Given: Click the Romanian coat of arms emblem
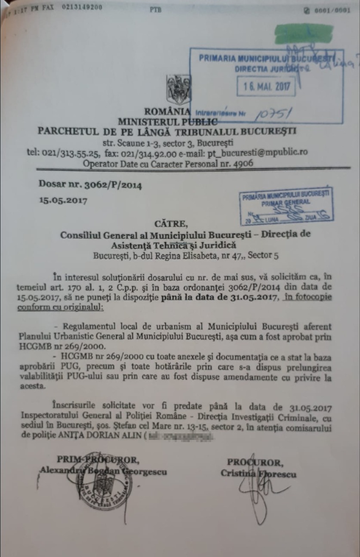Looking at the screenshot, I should [x=178, y=90].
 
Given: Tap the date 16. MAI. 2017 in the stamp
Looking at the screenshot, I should [x=265, y=86].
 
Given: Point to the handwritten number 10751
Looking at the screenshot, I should [x=274, y=114].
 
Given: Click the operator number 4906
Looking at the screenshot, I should [x=242, y=163].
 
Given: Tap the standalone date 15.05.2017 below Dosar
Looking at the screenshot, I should [x=63, y=201].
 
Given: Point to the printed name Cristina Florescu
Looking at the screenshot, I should [x=258, y=473].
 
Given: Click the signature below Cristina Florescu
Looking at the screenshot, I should [x=258, y=495].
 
